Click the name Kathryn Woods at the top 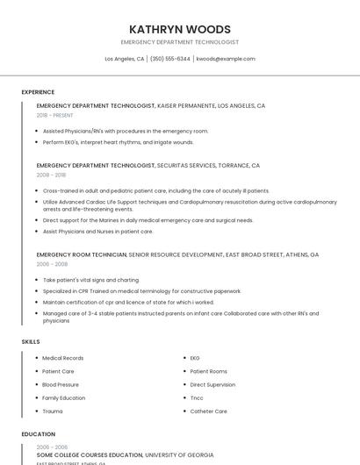click(180, 29)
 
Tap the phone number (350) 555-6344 click(170, 59)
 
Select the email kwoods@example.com click(226, 59)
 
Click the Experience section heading click(38, 92)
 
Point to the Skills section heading click(31, 341)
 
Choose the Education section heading click(38, 434)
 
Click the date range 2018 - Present click(56, 115)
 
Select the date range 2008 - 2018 click(51, 175)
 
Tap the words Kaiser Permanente click(185, 105)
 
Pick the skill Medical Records click(63, 358)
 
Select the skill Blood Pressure click(61, 384)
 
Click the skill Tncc click(198, 397)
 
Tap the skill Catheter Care click(209, 411)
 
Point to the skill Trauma click(53, 411)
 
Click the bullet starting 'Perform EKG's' click(118, 142)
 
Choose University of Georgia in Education click(179, 454)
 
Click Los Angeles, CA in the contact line click(125, 59)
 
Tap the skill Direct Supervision click(212, 384)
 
